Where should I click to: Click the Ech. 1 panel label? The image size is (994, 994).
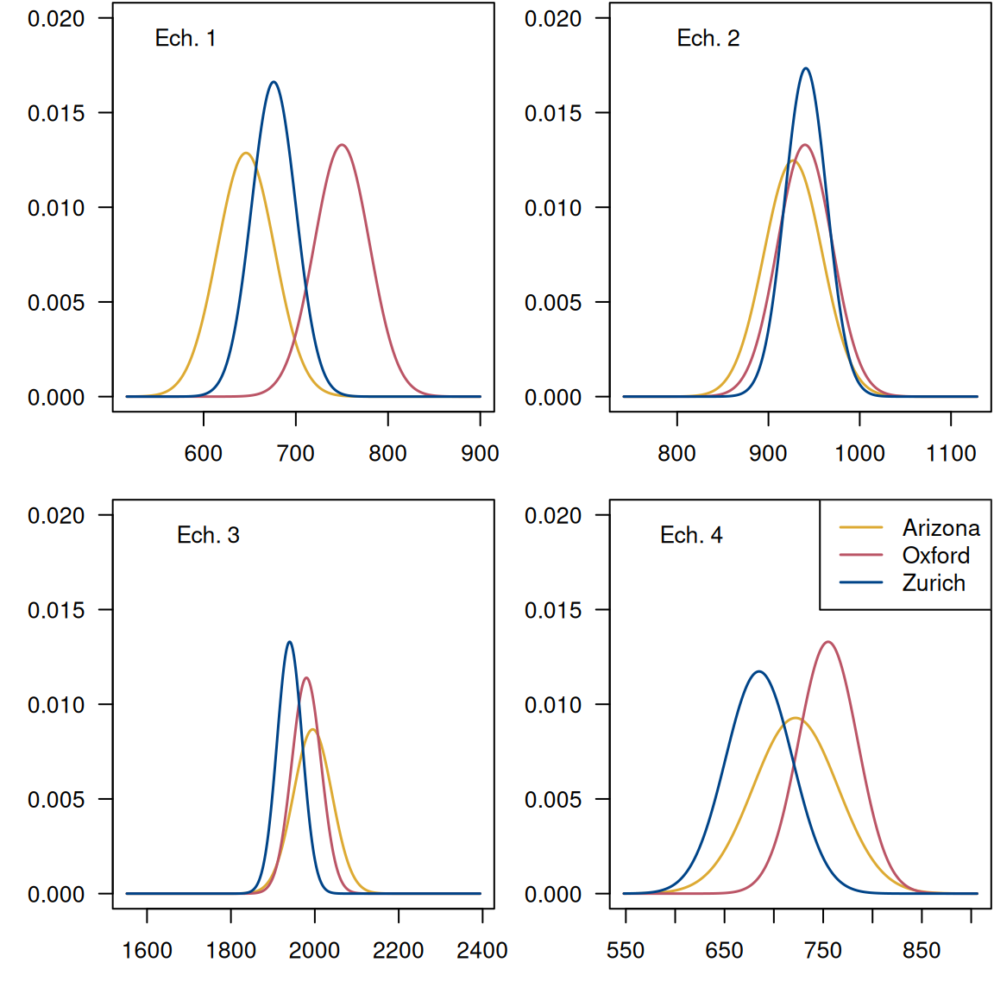tap(185, 38)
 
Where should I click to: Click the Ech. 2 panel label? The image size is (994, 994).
tap(708, 38)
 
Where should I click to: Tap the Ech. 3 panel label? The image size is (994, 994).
tap(208, 535)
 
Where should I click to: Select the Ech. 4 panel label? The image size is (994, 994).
tap(690, 535)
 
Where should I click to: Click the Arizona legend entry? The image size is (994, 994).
tap(941, 527)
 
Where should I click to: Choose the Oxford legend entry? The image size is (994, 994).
tap(935, 555)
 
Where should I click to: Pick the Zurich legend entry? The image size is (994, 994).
tap(934, 582)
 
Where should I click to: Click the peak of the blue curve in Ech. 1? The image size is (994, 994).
tap(274, 82)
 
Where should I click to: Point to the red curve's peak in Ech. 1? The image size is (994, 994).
tap(343, 145)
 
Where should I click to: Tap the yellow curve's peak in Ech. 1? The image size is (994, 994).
tap(246, 154)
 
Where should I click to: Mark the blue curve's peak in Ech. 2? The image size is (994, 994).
tap(806, 68)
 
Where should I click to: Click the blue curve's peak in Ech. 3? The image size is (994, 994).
tap(289, 642)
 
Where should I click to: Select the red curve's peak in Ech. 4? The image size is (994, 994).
tap(828, 642)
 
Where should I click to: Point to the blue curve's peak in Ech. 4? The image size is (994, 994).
tap(759, 671)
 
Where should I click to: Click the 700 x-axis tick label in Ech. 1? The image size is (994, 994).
tap(295, 453)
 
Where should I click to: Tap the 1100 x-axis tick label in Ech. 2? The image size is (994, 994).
tap(951, 453)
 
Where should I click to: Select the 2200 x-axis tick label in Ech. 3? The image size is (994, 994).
tap(398, 950)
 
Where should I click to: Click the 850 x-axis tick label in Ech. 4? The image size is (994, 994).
tap(922, 950)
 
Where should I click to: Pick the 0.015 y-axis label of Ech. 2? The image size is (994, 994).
tap(553, 113)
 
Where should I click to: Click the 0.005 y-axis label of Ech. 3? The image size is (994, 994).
tap(56, 800)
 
